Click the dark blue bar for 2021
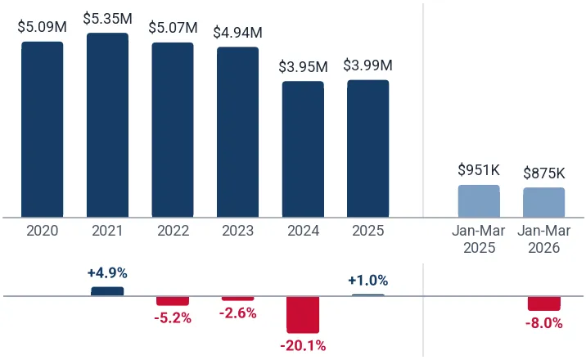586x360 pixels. coord(108,125)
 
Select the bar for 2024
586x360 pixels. coord(303,150)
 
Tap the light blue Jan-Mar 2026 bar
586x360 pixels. coord(544,202)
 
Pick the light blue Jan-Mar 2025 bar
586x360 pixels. coord(479,201)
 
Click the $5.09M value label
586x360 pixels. coord(43,27)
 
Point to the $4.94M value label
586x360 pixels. coord(237,33)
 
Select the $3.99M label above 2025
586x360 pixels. coord(368,65)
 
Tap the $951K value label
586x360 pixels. coord(479,170)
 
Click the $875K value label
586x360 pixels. coord(544,173)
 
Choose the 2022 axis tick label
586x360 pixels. coord(173,231)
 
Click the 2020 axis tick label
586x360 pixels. coord(43,231)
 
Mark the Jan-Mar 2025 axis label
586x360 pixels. coord(479,239)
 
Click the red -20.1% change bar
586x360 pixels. coord(303,314)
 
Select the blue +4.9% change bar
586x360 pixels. coord(107,291)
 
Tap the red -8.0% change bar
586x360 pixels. coord(544,304)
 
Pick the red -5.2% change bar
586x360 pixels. coord(173,300)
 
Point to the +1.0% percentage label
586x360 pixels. coord(368,281)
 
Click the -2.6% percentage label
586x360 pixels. coord(237,313)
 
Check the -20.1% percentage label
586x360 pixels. coord(303,346)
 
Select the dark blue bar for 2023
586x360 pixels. coord(237,133)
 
